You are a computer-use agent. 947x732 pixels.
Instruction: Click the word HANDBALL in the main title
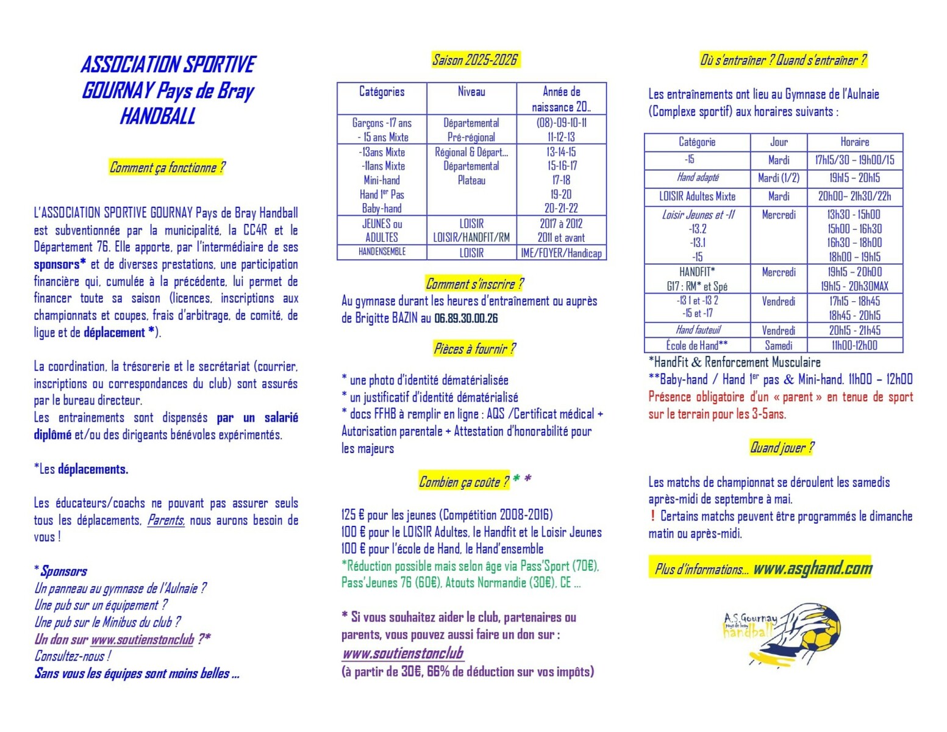tap(157, 116)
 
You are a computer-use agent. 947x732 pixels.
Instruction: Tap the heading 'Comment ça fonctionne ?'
tap(167, 167)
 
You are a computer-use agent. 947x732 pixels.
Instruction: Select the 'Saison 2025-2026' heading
tap(474, 60)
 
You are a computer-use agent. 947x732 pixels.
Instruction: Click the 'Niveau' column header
tap(471, 91)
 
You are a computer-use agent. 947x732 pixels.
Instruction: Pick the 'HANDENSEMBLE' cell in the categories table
tap(382, 251)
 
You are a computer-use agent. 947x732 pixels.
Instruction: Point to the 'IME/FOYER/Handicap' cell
tap(561, 253)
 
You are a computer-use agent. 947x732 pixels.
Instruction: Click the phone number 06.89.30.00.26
tap(466, 318)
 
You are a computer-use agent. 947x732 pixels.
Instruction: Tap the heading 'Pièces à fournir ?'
tap(474, 349)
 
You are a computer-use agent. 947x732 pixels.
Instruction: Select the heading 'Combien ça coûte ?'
tap(463, 482)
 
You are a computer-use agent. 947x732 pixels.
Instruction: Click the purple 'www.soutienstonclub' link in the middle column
tap(402, 653)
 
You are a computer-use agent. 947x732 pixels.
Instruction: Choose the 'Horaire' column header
tap(854, 142)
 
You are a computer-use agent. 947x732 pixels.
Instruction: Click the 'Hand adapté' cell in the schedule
tap(697, 178)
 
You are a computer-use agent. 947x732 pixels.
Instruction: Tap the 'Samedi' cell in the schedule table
tap(779, 345)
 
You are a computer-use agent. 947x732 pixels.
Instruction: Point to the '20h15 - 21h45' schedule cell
tap(854, 331)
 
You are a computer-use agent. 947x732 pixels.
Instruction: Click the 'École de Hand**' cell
tap(696, 345)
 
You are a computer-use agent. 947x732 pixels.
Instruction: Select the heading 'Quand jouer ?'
tap(781, 448)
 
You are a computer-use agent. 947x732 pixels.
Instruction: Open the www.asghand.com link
tap(813, 569)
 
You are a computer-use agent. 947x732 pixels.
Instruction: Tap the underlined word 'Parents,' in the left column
tap(166, 520)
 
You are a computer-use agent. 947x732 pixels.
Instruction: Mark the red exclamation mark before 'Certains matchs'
tap(652, 516)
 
